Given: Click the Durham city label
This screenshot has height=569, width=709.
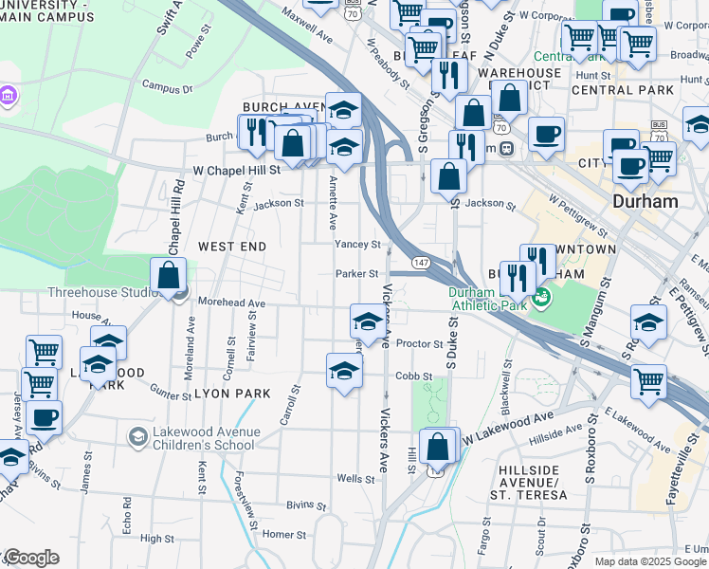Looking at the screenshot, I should point(645,201).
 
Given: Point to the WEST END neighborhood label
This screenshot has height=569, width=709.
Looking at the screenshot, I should point(232,246).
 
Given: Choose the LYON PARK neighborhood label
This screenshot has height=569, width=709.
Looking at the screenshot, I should point(233,393).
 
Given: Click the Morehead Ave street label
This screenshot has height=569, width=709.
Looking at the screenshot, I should point(231,303).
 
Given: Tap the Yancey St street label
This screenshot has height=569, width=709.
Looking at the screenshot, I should point(357,244).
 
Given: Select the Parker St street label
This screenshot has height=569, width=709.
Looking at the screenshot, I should point(356,273).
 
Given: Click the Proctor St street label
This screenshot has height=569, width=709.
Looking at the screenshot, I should point(420,343).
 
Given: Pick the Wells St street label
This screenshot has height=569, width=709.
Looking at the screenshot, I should point(350,479).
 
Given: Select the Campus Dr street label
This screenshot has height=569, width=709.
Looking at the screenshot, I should point(168,87).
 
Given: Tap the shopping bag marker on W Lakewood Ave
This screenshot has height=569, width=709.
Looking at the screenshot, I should point(439,447).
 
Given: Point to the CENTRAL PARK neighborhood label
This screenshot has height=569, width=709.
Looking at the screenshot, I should point(623,90).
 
